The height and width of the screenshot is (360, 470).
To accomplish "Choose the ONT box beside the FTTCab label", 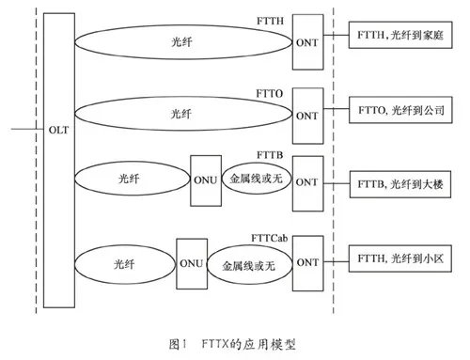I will (306, 260).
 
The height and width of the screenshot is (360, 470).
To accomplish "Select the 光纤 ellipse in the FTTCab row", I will (123, 262).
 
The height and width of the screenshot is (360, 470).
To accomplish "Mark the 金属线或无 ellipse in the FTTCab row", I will (246, 263).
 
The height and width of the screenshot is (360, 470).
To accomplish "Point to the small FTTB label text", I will (270, 153).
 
